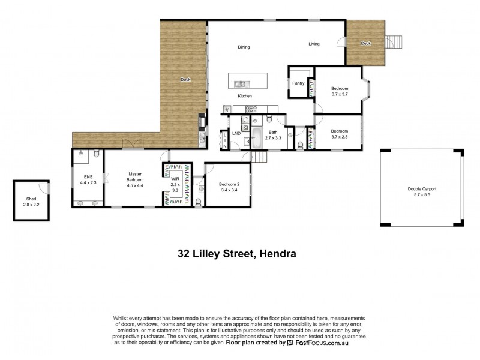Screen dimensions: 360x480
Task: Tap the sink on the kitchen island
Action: coord(241,84)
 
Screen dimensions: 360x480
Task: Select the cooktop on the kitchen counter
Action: coord(251,109)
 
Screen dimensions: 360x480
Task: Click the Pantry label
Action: coord(298,83)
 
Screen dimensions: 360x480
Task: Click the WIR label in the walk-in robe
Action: coord(175,178)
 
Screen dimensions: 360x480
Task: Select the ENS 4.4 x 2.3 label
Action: coord(88,180)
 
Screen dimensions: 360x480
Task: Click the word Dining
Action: coord(244,47)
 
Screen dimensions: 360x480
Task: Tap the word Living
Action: coord(314,44)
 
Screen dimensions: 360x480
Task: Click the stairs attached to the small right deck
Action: coord(394,43)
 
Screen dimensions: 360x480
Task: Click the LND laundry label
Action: coord(236,133)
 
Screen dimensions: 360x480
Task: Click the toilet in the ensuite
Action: coord(95,154)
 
